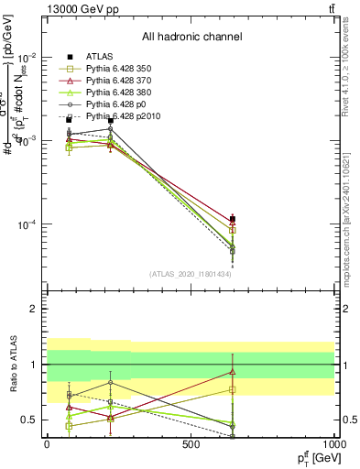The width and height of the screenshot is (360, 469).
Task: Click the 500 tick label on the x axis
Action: pos(191,444)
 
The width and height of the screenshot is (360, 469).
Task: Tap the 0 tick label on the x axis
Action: pos(47,444)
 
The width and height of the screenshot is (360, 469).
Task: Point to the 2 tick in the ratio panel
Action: pos(33,310)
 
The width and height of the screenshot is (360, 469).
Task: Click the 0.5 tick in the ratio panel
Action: pos(29,420)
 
